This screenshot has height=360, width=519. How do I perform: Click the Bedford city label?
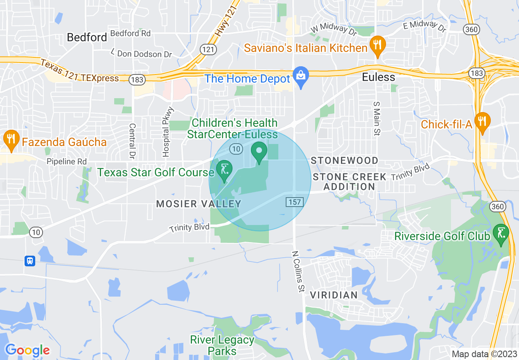pyautogui.click(x=87, y=37)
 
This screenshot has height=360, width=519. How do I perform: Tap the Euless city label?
pyautogui.click(x=379, y=77)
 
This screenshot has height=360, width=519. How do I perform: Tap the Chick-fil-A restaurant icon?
pyautogui.click(x=483, y=122)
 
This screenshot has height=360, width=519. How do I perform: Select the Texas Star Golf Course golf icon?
pyautogui.click(x=224, y=170)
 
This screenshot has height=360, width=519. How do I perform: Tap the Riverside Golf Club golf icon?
pyautogui.click(x=501, y=234)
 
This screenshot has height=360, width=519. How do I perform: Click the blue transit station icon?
pyautogui.click(x=29, y=261)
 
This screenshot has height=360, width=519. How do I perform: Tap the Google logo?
pyautogui.click(x=27, y=350)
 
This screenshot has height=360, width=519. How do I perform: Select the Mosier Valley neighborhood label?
pyautogui.click(x=199, y=204)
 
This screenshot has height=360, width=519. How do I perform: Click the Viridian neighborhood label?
pyautogui.click(x=334, y=295)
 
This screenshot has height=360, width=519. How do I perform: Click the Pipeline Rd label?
pyautogui.click(x=67, y=162)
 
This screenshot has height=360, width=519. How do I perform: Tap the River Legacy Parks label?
pyautogui.click(x=222, y=345)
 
